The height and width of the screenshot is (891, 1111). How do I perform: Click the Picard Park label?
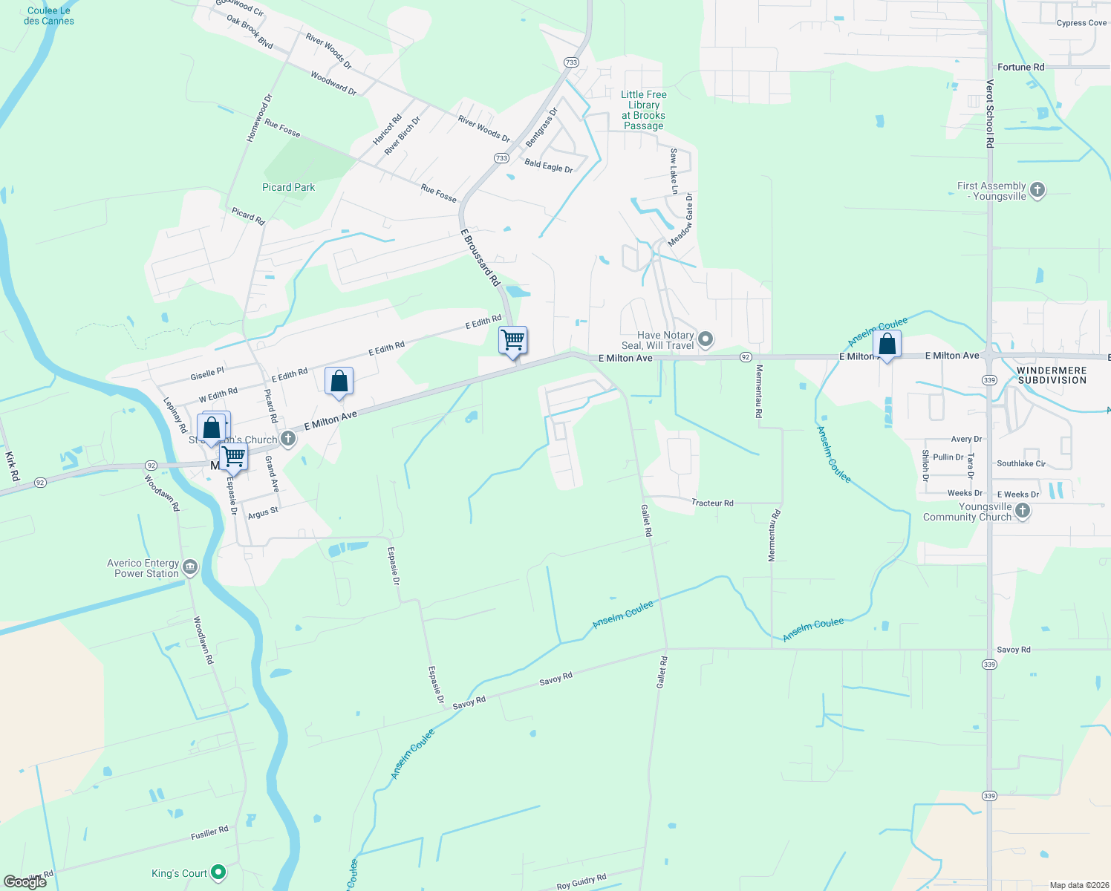(x=288, y=187)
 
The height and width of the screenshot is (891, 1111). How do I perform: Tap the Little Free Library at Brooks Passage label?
(x=643, y=110)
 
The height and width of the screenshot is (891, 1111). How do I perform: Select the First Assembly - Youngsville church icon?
(x=1037, y=191)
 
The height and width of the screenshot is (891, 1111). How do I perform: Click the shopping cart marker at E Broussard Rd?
(x=513, y=341)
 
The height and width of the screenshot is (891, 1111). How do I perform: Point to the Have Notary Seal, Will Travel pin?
(x=706, y=340)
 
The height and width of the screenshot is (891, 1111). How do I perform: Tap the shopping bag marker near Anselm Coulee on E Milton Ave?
(x=887, y=345)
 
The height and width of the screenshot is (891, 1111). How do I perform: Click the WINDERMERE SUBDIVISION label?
(x=1052, y=375)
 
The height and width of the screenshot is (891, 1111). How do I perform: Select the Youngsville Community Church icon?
(x=1023, y=511)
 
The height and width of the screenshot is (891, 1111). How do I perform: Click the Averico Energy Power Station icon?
(x=190, y=568)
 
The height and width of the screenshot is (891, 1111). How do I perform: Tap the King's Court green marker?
(x=218, y=872)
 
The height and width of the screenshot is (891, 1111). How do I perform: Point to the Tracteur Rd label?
(x=712, y=503)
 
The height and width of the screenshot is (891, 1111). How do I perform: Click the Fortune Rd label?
(x=1020, y=67)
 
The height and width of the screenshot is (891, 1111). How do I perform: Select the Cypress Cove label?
(x=1081, y=23)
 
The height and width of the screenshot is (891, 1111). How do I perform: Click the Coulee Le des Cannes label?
(x=49, y=16)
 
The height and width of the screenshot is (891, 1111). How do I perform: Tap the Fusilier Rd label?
(x=209, y=833)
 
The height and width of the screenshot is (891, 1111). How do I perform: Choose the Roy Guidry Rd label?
(x=581, y=881)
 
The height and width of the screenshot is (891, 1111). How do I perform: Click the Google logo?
(x=25, y=882)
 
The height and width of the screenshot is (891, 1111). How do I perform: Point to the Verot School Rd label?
(x=989, y=114)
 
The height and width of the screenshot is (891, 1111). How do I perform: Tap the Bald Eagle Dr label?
(x=548, y=166)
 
